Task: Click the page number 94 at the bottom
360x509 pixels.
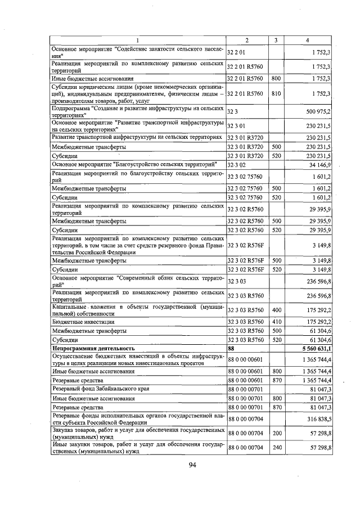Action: pos(192,464)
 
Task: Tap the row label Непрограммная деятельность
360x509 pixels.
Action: pos(93,349)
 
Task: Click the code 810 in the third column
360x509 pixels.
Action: pos(276,93)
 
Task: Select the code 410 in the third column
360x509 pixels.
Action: pos(276,322)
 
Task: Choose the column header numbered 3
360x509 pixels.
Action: pos(276,39)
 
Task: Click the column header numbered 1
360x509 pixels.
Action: pos(137,39)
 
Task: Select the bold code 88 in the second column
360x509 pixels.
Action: pos(230,349)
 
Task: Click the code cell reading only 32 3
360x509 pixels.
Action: pos(232,111)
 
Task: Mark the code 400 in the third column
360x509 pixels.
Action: pos(276,309)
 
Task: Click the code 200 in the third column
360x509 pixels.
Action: pos(276,433)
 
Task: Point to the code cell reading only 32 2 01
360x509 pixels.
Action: pos(237,52)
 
